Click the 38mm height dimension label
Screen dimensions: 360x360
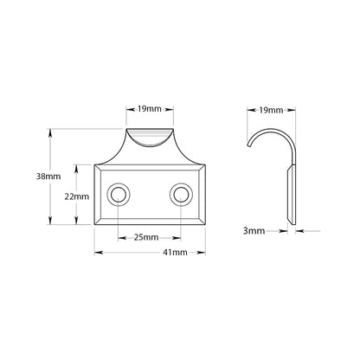[x=48, y=177]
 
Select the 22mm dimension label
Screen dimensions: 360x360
[x=77, y=196]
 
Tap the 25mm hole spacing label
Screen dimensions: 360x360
[x=146, y=237]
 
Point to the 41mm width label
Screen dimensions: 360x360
[x=175, y=253]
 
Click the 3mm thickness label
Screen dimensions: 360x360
[x=254, y=231]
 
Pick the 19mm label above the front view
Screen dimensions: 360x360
[x=150, y=109]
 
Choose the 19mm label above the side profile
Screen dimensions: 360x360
[x=271, y=110]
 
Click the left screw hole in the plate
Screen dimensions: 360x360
[x=119, y=195]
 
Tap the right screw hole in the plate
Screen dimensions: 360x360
[x=181, y=195]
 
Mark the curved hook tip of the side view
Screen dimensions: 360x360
[x=248, y=145]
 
